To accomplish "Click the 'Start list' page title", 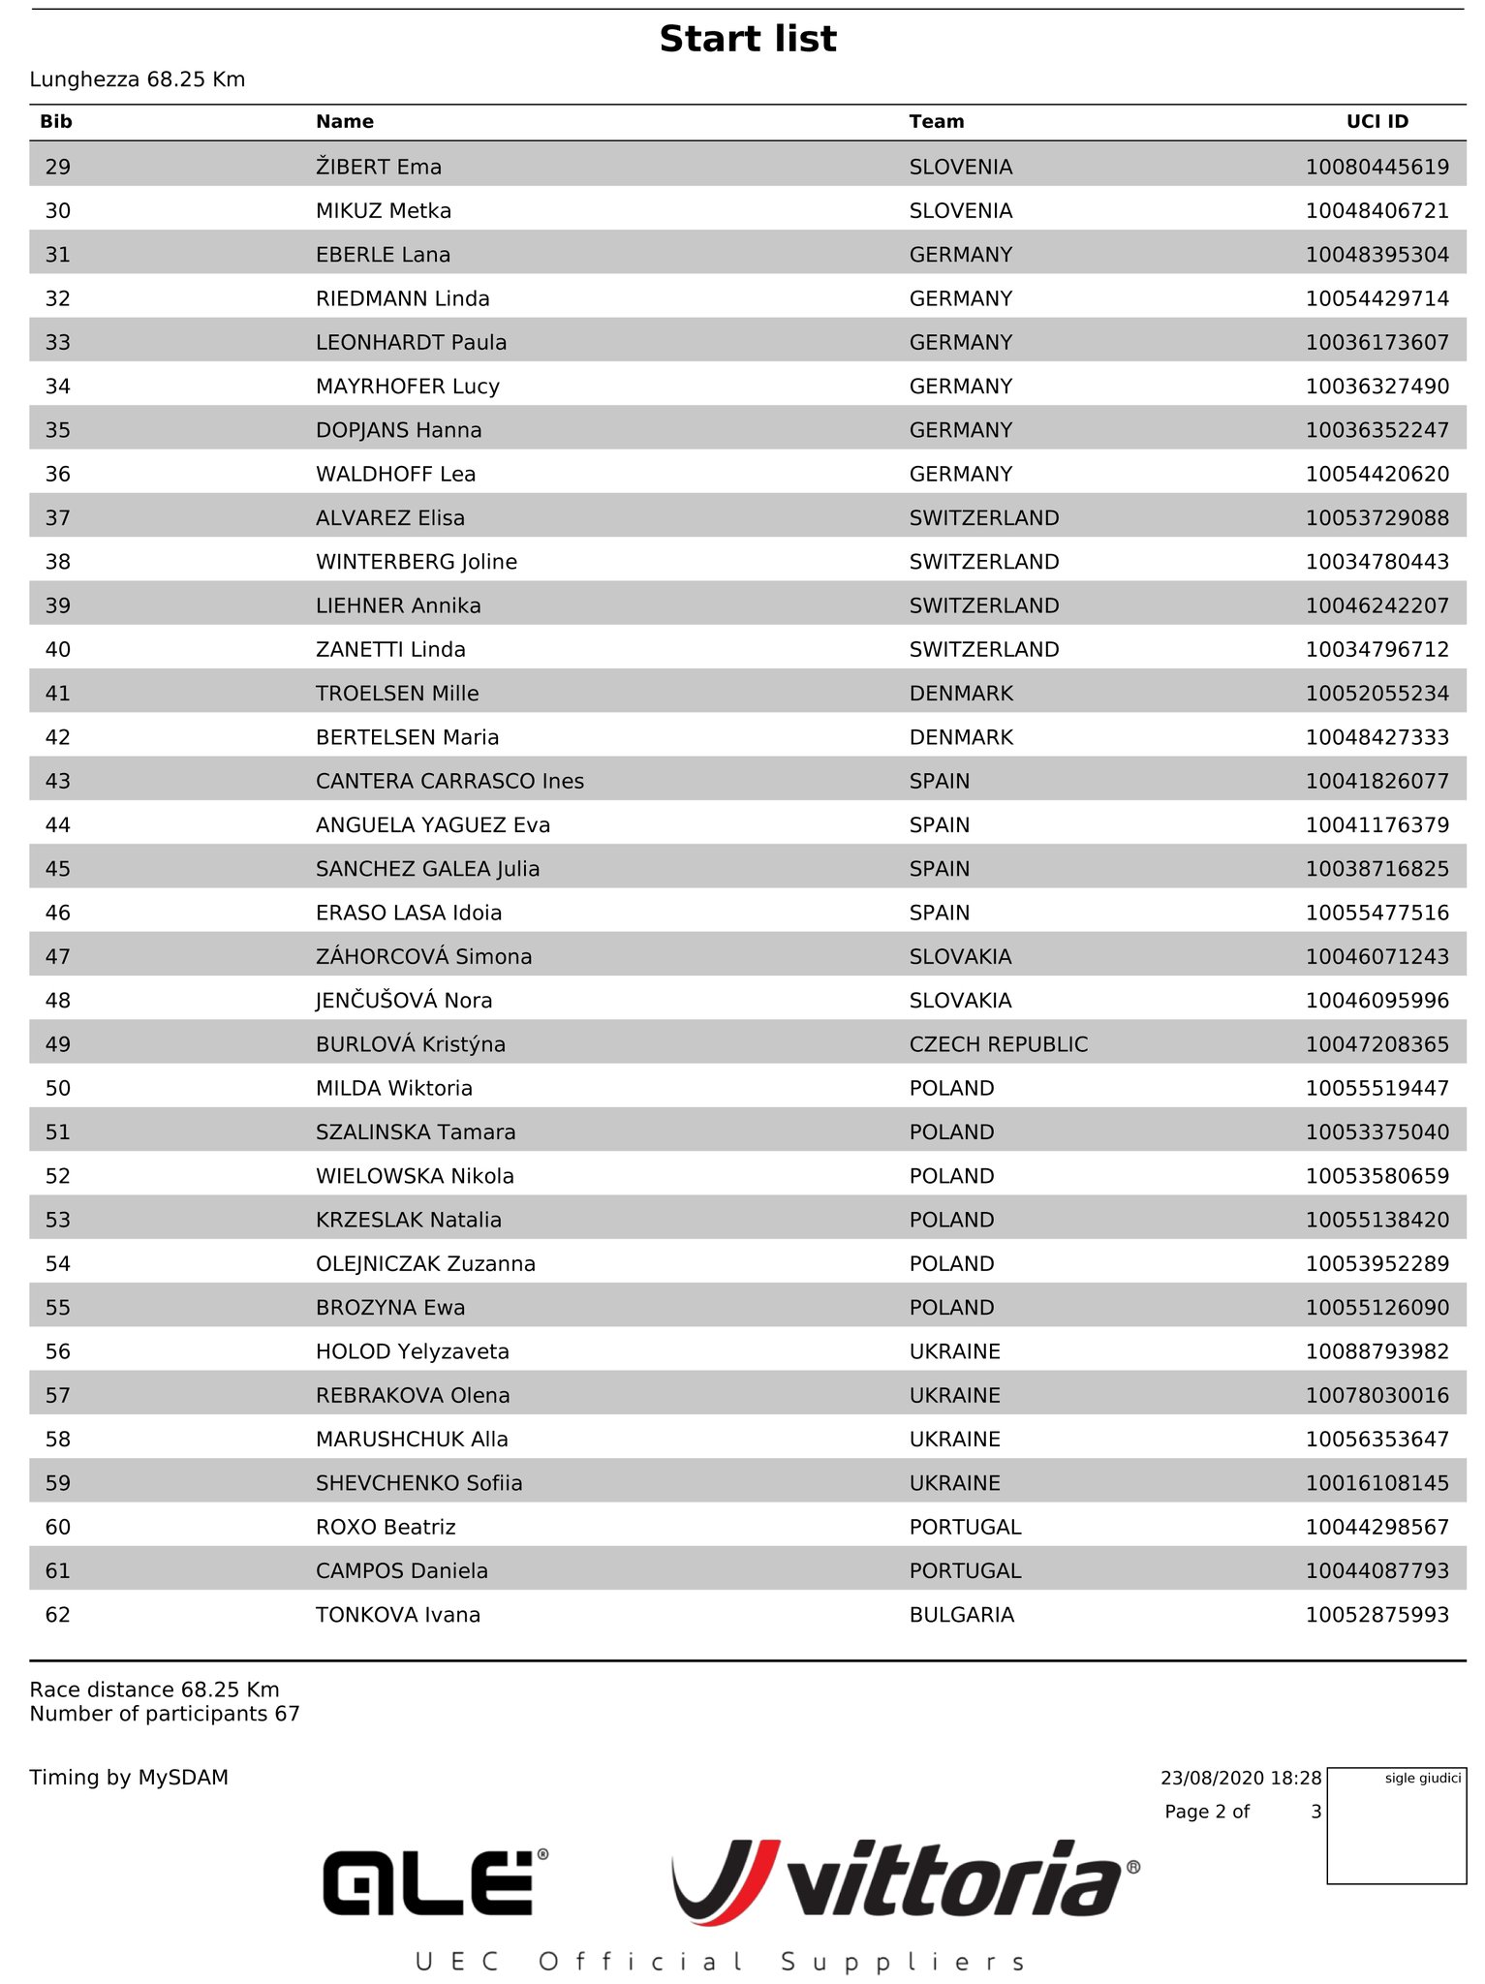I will tap(748, 39).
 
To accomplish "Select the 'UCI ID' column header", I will tap(1377, 121).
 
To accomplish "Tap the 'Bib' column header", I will tap(56, 121).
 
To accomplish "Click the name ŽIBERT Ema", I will tap(379, 167).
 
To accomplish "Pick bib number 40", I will tap(58, 649).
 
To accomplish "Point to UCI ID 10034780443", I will tap(1377, 562).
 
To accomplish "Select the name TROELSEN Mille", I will tap(397, 694).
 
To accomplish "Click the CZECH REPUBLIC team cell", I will tap(998, 1044).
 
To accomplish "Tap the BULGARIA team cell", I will tap(961, 1615).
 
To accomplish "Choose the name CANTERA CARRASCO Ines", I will tap(449, 781).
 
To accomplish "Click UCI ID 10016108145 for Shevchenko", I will tap(1377, 1483).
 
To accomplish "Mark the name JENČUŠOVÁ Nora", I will tap(404, 1001).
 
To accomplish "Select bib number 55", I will tap(58, 1308).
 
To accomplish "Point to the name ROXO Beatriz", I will tap(386, 1527).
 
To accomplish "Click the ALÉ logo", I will tap(435, 1881).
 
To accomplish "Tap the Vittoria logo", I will tap(906, 1879).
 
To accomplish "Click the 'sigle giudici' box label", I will tap(1422, 1779).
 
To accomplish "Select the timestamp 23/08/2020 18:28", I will tap(1240, 1779).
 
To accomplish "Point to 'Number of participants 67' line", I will tap(165, 1714).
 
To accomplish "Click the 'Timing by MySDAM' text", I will tap(129, 1778).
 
